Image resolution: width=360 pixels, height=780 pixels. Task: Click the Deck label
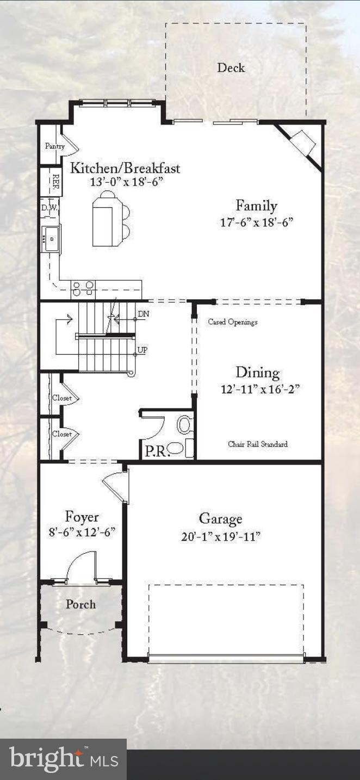pos(231,68)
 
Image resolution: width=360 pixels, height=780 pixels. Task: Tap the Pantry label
pos(54,146)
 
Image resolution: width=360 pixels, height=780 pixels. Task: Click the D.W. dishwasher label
pos(49,208)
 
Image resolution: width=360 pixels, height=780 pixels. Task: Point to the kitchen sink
pos(51,238)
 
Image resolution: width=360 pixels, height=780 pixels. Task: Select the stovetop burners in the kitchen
pos(83,287)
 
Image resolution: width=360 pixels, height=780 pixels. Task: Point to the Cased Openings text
pos(233,322)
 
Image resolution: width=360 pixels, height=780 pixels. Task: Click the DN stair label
pos(144,314)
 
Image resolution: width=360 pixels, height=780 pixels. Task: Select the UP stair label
pos(142,350)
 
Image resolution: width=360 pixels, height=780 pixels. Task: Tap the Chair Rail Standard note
pos(257,444)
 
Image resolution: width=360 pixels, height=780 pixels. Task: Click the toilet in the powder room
pos(185,424)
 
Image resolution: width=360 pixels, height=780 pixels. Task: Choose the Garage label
pos(220,518)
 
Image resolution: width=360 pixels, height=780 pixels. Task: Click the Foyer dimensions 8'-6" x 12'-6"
pos(82,532)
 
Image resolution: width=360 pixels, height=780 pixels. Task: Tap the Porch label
pos(80,604)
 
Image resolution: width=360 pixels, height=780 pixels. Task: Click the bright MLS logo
pos(63,759)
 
